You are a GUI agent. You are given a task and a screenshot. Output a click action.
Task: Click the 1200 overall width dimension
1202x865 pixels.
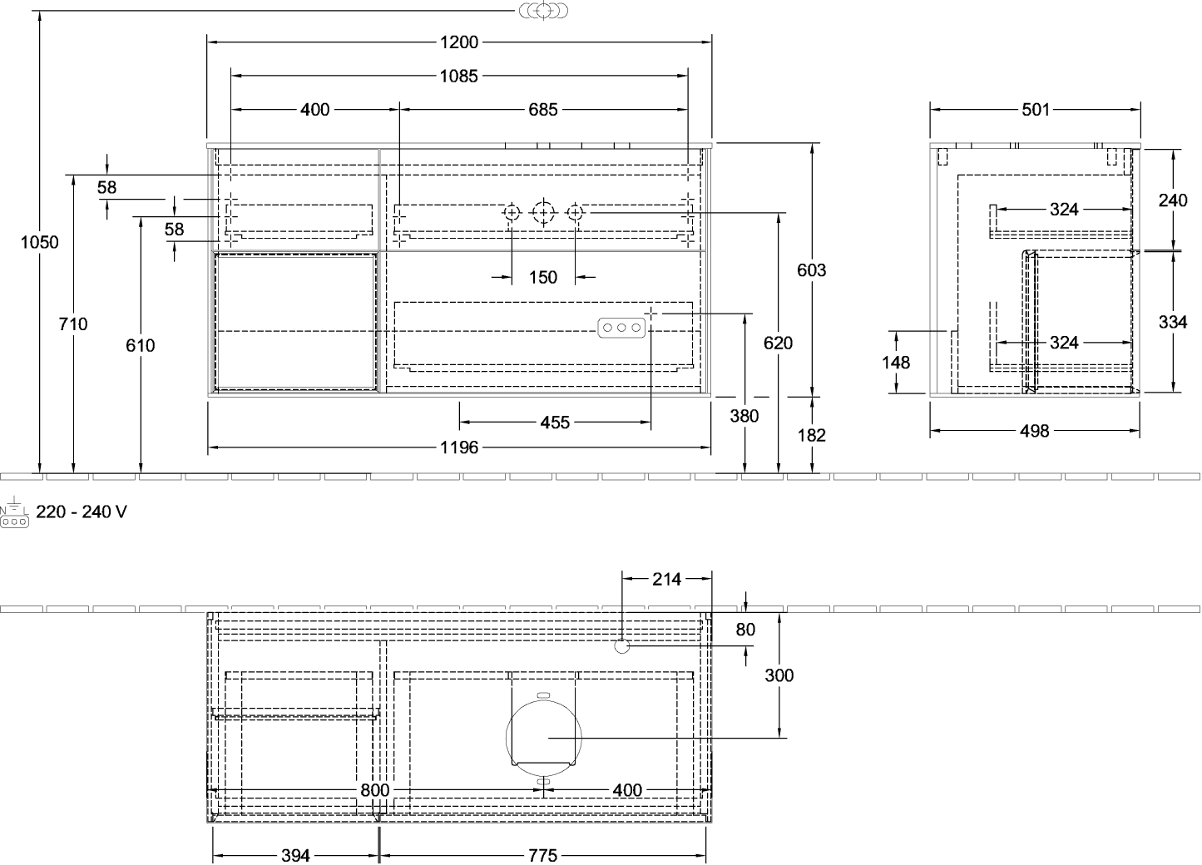pyautogui.click(x=459, y=42)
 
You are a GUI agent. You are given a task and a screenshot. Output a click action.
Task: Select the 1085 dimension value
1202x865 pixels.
pyautogui.click(x=459, y=77)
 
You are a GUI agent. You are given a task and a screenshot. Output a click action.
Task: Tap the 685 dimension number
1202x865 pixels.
pyautogui.click(x=543, y=110)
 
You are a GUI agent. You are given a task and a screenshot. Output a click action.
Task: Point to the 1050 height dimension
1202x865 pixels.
pyautogui.click(x=40, y=242)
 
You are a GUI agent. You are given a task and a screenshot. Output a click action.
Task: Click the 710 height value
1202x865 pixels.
pyautogui.click(x=73, y=324)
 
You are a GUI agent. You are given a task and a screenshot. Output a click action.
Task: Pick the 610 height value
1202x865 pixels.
pyautogui.click(x=141, y=345)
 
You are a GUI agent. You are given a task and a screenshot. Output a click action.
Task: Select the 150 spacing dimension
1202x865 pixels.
pyautogui.click(x=543, y=278)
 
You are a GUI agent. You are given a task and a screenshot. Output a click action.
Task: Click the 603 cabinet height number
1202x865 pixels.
pyautogui.click(x=811, y=270)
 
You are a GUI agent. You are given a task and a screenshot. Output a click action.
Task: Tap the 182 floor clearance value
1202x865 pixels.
pyautogui.click(x=811, y=435)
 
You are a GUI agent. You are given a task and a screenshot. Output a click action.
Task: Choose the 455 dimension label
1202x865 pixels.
pyautogui.click(x=555, y=423)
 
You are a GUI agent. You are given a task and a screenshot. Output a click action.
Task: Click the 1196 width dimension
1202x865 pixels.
pyautogui.click(x=459, y=447)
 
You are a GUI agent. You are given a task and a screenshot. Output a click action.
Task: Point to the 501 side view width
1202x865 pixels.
pyautogui.click(x=1036, y=110)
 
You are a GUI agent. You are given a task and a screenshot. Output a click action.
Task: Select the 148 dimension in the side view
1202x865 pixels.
pyautogui.click(x=896, y=363)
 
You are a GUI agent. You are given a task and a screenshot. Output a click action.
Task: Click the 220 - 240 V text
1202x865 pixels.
pyautogui.click(x=82, y=512)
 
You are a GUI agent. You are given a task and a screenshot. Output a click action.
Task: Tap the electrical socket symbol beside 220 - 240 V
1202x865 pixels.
pyautogui.click(x=14, y=512)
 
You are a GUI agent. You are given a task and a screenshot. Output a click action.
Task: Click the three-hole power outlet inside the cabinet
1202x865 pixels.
pyautogui.click(x=621, y=328)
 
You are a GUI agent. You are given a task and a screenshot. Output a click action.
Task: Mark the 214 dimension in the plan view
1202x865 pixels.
pyautogui.click(x=666, y=579)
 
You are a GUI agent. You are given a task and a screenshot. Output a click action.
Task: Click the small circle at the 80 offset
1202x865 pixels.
pyautogui.click(x=621, y=646)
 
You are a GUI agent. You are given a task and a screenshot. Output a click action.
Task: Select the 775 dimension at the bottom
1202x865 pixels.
pyautogui.click(x=543, y=855)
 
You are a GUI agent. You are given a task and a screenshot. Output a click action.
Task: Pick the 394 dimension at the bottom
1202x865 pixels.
pyautogui.click(x=295, y=855)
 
